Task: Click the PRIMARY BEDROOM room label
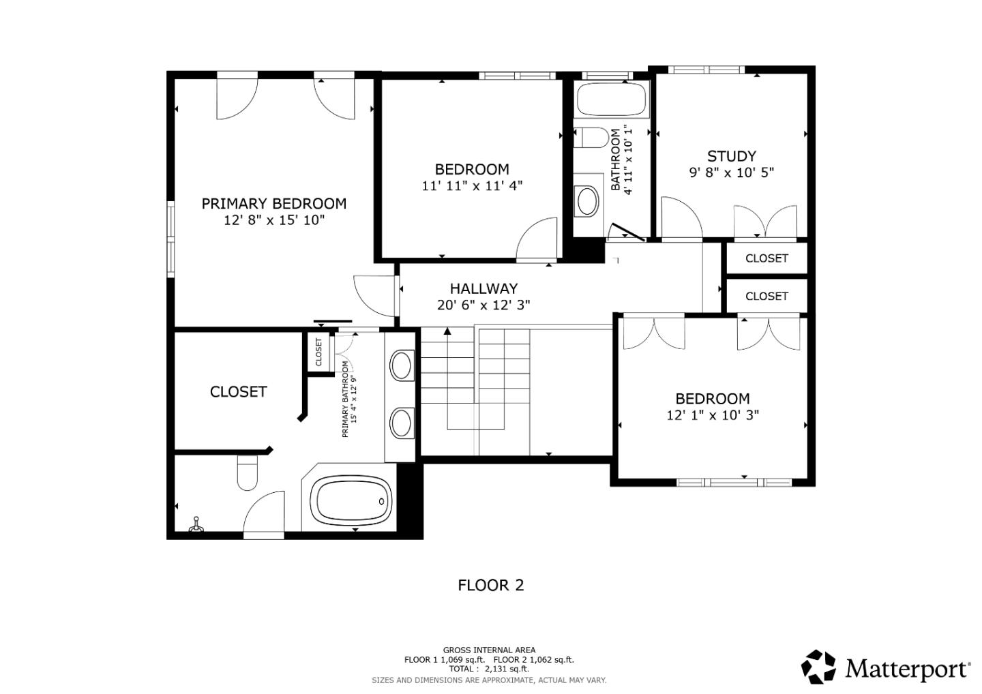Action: pyautogui.click(x=273, y=203)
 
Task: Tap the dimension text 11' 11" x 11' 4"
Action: pyautogui.click(x=472, y=185)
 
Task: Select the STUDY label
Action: pyautogui.click(x=731, y=156)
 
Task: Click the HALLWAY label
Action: pyautogui.click(x=483, y=288)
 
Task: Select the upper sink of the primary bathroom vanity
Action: pyautogui.click(x=402, y=365)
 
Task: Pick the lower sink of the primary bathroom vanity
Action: pyautogui.click(x=402, y=423)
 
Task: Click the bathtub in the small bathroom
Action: pyautogui.click(x=611, y=100)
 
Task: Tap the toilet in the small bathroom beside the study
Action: pyautogui.click(x=591, y=138)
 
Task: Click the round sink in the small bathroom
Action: pyautogui.click(x=587, y=201)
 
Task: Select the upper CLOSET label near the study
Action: pyautogui.click(x=767, y=258)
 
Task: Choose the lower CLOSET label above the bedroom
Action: pyautogui.click(x=767, y=296)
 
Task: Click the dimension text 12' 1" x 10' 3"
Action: pyautogui.click(x=713, y=415)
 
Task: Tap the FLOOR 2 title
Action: pyautogui.click(x=490, y=585)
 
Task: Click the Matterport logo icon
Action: pyautogui.click(x=818, y=667)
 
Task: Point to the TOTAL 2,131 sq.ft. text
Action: pyautogui.click(x=489, y=669)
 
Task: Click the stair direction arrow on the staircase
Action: pyautogui.click(x=447, y=331)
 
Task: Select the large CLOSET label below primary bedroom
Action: pyautogui.click(x=238, y=391)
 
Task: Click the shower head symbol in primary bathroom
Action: pyautogui.click(x=197, y=524)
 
